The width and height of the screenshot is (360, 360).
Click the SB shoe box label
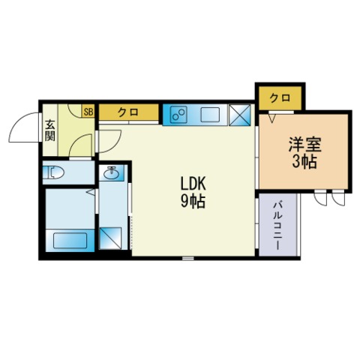(x=88, y=112)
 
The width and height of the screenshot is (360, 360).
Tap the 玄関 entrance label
(x=50, y=130)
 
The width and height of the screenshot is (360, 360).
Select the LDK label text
(x=193, y=184)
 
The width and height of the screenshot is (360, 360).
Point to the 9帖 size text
(x=193, y=201)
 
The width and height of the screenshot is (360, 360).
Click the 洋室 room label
(x=304, y=144)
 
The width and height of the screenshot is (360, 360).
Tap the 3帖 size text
(x=304, y=161)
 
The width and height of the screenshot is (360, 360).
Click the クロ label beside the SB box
(x=128, y=112)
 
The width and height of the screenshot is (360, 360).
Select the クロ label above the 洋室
(x=280, y=98)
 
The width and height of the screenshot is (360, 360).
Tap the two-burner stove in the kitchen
(x=178, y=115)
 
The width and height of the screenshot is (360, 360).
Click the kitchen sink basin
(x=211, y=115)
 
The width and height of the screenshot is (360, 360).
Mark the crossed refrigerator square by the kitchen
(x=240, y=115)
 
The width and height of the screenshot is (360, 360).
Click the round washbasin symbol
(x=112, y=173)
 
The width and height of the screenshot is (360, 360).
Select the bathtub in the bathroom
(x=70, y=241)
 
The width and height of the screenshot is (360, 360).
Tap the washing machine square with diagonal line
(x=110, y=238)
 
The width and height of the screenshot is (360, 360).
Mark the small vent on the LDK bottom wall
(x=187, y=259)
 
